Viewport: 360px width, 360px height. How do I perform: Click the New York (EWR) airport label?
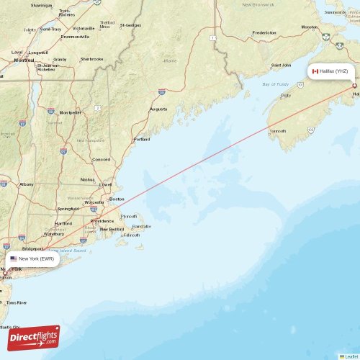pyautogui.click(x=36, y=258)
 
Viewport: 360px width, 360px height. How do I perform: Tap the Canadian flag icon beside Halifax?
pyautogui.click(x=315, y=71)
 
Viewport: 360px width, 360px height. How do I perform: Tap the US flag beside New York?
pyautogui.click(x=14, y=258)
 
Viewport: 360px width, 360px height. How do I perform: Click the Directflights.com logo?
pyautogui.click(x=34, y=337)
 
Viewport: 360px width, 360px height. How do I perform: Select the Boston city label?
pyautogui.click(x=117, y=199)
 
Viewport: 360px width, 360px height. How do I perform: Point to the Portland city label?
pyautogui.click(x=142, y=139)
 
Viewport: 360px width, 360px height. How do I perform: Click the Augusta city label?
pyautogui.click(x=158, y=109)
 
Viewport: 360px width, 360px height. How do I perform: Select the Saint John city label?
pyautogui.click(x=280, y=66)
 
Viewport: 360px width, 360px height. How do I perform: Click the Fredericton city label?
pyautogui.click(x=264, y=32)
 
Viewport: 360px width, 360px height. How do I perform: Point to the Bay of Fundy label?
pyautogui.click(x=275, y=84)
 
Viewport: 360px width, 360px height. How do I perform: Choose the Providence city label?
pyautogui.click(x=102, y=221)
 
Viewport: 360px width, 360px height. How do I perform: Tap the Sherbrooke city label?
pyautogui.click(x=91, y=59)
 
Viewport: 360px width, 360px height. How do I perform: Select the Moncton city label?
pyautogui.click(x=310, y=27)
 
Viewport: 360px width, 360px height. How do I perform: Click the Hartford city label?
pyautogui.click(x=63, y=223)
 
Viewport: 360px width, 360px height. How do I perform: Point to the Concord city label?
pyautogui.click(x=101, y=159)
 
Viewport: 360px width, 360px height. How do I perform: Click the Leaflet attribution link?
pyautogui.click(x=351, y=356)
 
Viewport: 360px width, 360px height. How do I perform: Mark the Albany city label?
pyautogui.click(x=27, y=184)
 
